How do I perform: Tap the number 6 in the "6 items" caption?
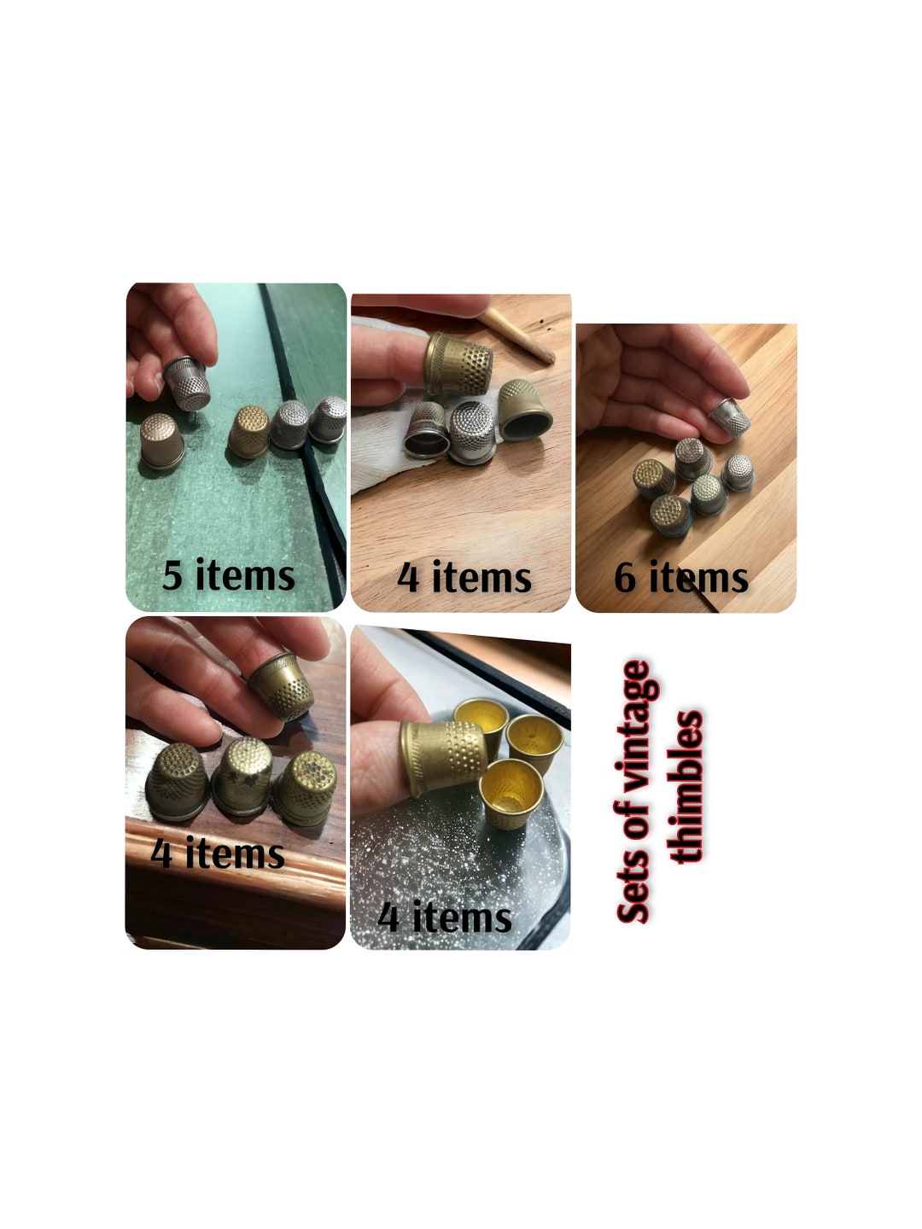(x=625, y=578)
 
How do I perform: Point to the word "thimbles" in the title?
(x=687, y=787)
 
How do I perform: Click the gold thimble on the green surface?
(x=248, y=431)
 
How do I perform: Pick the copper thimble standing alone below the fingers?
(x=162, y=440)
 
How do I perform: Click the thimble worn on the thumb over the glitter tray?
(x=441, y=755)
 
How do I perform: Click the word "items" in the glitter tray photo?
(x=462, y=917)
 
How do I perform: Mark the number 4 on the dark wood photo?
(x=161, y=853)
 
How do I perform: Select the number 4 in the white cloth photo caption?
(x=409, y=578)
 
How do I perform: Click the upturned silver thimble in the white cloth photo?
(x=470, y=432)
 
